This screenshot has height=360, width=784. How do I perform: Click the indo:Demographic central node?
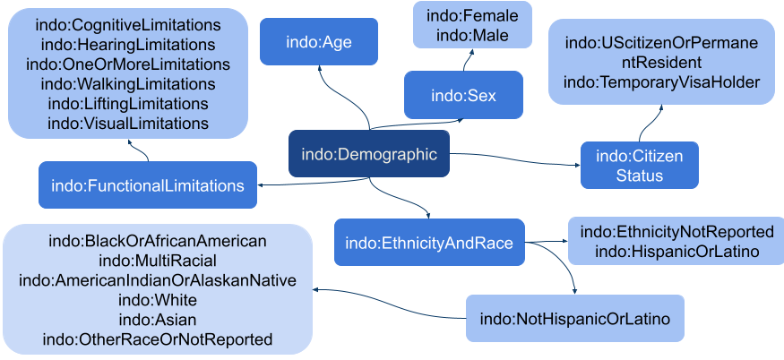369,153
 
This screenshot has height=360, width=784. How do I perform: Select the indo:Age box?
319,41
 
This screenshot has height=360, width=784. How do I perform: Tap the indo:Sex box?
463,95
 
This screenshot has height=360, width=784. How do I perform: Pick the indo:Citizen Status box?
640,165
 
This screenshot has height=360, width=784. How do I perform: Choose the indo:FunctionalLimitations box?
148,185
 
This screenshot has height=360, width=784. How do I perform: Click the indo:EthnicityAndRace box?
429,243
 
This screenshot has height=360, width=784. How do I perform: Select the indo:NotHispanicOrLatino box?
575,319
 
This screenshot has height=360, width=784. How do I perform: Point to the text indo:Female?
472,15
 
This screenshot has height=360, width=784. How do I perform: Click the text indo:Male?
472,35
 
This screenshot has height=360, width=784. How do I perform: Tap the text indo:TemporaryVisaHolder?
661,82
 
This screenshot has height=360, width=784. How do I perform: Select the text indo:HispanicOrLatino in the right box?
677,252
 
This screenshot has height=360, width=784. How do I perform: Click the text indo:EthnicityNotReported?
677,232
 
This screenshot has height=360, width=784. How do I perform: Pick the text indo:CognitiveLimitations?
128,25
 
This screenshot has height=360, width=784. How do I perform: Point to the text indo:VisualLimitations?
128,123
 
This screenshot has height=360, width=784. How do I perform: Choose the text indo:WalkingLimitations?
128,83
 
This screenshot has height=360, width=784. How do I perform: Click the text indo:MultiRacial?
158,261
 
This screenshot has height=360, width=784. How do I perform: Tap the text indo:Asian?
158,320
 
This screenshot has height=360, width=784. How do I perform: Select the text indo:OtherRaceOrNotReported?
158,339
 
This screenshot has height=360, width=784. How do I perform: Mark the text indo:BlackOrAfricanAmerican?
158,242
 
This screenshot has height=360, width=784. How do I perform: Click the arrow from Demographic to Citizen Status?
515,159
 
